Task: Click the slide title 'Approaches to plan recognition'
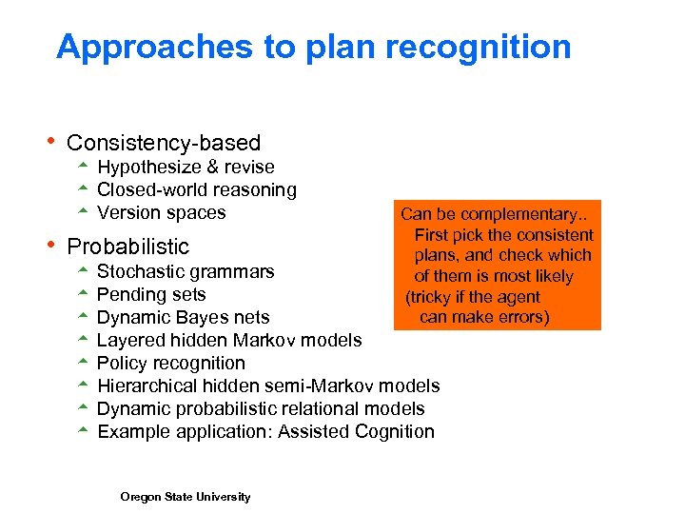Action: (x=313, y=47)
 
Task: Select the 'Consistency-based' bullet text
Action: (x=164, y=143)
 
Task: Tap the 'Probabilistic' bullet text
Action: (x=128, y=247)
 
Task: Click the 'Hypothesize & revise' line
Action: (x=186, y=168)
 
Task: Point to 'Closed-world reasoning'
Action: (x=197, y=190)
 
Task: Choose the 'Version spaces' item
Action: (x=162, y=213)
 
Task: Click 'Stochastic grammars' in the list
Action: (x=186, y=272)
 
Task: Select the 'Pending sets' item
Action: (x=151, y=295)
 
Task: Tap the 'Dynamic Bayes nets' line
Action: (x=183, y=318)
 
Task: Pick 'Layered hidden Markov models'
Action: (x=229, y=341)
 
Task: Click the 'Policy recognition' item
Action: (x=171, y=364)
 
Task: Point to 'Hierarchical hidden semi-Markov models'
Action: (x=268, y=386)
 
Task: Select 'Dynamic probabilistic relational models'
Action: (x=261, y=409)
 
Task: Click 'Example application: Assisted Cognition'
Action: (x=265, y=432)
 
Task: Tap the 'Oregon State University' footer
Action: (x=186, y=497)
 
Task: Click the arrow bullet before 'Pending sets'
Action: (x=83, y=294)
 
